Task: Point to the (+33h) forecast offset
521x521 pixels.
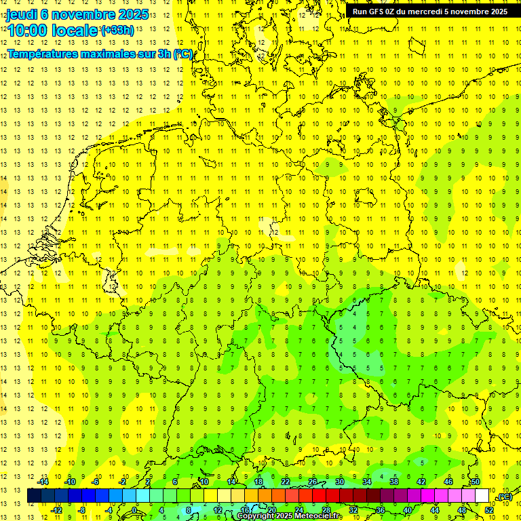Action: coord(118,30)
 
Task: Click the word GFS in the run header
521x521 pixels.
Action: coord(377,12)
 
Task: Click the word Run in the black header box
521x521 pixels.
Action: coord(360,12)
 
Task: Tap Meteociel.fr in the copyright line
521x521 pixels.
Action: coord(318,516)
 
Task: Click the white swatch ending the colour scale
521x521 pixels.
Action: coord(482,496)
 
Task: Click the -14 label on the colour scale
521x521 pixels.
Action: coord(45,482)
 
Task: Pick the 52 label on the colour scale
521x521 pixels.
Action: coord(489,510)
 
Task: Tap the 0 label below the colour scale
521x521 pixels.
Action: coord(134,510)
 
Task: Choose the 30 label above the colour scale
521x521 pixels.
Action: coord(339,482)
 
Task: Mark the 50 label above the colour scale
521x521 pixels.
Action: coord(475,482)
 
